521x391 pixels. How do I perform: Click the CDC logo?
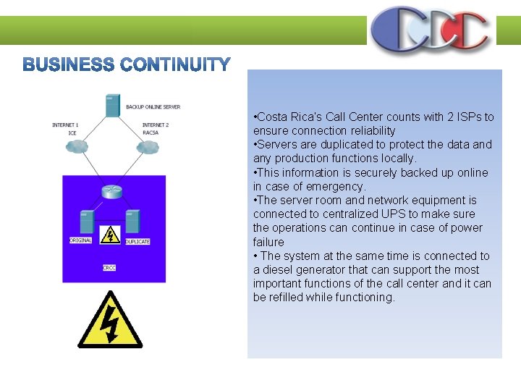point(430,30)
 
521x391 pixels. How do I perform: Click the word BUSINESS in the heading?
point(69,65)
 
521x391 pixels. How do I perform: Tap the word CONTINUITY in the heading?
point(175,65)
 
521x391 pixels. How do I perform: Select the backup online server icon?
point(112,105)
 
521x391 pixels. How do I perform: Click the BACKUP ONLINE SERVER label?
point(153,107)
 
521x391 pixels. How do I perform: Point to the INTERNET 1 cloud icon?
point(75,147)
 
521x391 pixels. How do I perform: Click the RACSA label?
point(151,133)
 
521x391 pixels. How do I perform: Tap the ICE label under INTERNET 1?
point(72,133)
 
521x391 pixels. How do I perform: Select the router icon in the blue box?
point(112,192)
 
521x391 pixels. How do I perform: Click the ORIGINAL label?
point(80,240)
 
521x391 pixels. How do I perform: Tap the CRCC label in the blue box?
point(109,268)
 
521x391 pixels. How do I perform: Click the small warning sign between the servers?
point(110,235)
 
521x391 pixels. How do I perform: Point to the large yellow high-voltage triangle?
point(110,321)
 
